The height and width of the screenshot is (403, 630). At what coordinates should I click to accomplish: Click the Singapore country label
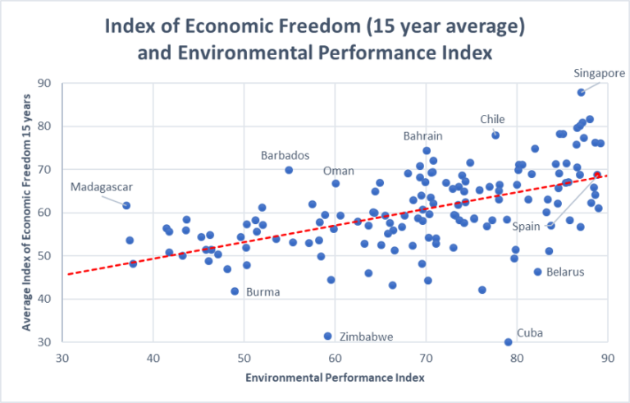tap(600, 73)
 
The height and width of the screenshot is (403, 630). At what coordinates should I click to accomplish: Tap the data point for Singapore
tap(581, 93)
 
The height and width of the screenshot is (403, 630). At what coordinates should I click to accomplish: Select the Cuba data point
tap(508, 342)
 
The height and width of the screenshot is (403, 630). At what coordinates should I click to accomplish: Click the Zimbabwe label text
tap(367, 337)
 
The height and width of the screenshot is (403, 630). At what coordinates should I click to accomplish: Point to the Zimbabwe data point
tap(328, 337)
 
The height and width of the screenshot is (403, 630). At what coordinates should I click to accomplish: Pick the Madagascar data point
tap(126, 205)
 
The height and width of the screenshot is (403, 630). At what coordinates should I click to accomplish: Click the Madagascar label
tap(101, 186)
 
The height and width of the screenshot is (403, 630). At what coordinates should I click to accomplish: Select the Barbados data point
tap(289, 170)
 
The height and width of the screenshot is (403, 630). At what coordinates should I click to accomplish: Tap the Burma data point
tap(235, 291)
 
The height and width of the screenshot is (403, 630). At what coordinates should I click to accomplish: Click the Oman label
tap(339, 171)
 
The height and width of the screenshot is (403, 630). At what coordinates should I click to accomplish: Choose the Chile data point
tap(495, 135)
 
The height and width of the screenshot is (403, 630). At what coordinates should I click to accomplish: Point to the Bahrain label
tap(422, 135)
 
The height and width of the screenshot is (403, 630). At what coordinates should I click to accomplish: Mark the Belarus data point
tap(538, 272)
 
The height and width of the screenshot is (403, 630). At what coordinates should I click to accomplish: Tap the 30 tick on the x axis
tap(62, 358)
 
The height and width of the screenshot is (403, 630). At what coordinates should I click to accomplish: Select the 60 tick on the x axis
tap(335, 358)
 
